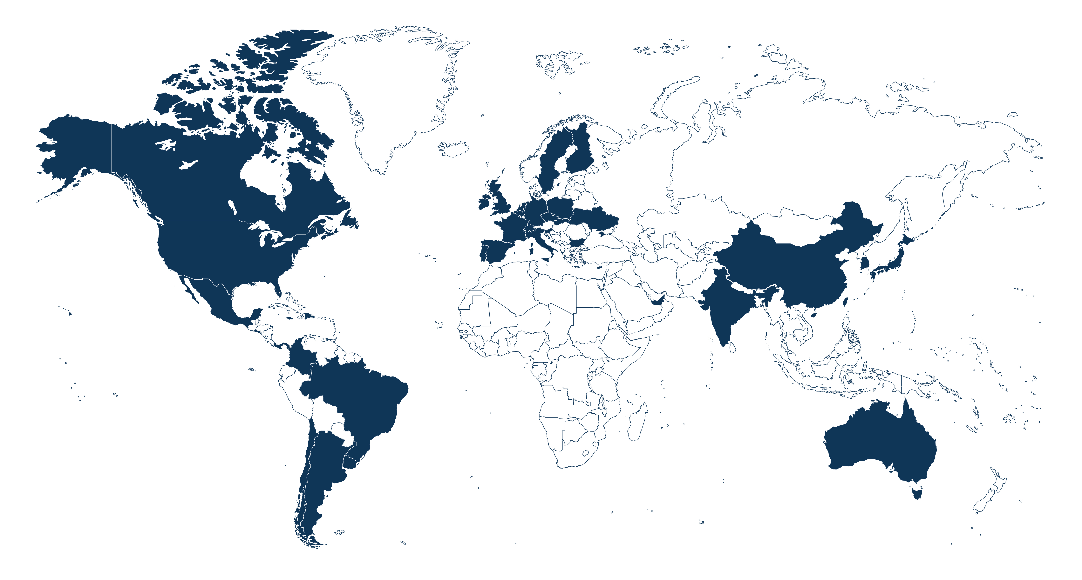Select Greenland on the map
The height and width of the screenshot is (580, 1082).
click(x=391, y=97)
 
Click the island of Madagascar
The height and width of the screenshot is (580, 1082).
click(x=638, y=422)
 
